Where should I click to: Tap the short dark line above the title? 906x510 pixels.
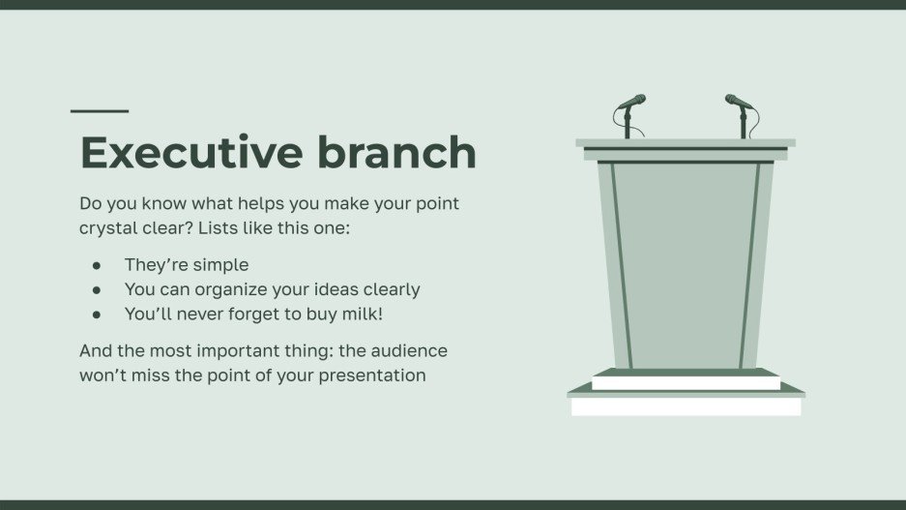pos(100,111)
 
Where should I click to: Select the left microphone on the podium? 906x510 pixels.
pos(630,103)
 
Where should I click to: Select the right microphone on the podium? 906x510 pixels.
pos(739,103)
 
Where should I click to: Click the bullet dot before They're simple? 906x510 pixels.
pos(96,265)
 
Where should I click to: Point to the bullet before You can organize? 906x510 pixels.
pos(96,289)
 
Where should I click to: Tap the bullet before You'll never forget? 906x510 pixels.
pos(96,315)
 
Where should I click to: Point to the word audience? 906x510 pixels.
pos(408,350)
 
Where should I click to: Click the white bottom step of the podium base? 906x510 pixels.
pos(686,406)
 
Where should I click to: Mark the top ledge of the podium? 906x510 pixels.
pos(686,143)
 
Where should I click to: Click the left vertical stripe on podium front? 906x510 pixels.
pos(621,266)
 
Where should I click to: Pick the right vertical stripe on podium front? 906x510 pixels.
pos(750,266)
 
